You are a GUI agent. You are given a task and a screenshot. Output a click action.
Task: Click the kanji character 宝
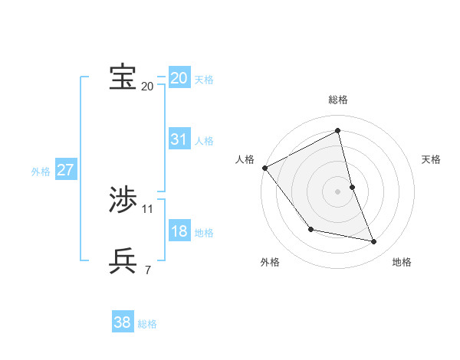tap(123, 77)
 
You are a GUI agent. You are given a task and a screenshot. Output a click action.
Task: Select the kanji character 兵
tap(123, 260)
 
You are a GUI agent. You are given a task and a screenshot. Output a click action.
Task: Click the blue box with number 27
tap(65, 170)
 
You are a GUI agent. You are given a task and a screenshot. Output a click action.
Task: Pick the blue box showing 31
tap(179, 139)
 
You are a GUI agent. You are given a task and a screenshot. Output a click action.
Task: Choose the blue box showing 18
tap(179, 231)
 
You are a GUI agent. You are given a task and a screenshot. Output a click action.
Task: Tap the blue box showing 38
tap(123, 322)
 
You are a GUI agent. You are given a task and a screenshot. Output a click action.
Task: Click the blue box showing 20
tap(179, 78)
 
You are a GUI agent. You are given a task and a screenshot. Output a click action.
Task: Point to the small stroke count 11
tap(148, 208)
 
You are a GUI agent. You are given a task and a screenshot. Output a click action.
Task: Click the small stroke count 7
tap(148, 270)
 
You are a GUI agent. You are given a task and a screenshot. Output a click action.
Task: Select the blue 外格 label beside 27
tap(41, 172)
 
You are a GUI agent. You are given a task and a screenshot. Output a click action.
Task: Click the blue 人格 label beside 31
tap(204, 141)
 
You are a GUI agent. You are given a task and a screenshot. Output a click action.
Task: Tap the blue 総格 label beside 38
tap(147, 324)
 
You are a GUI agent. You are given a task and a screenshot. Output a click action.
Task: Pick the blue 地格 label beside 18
tap(204, 233)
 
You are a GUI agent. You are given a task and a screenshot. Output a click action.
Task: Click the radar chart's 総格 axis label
tap(337, 100)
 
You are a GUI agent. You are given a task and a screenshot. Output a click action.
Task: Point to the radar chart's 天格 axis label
tap(431, 159)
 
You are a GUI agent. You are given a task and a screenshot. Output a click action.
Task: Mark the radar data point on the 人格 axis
tap(264, 168)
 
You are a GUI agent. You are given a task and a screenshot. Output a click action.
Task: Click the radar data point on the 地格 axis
tap(373, 241)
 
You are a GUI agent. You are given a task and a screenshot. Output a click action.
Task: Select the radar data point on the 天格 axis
tap(352, 186)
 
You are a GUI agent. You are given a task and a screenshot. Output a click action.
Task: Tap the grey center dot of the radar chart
tap(337, 191)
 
